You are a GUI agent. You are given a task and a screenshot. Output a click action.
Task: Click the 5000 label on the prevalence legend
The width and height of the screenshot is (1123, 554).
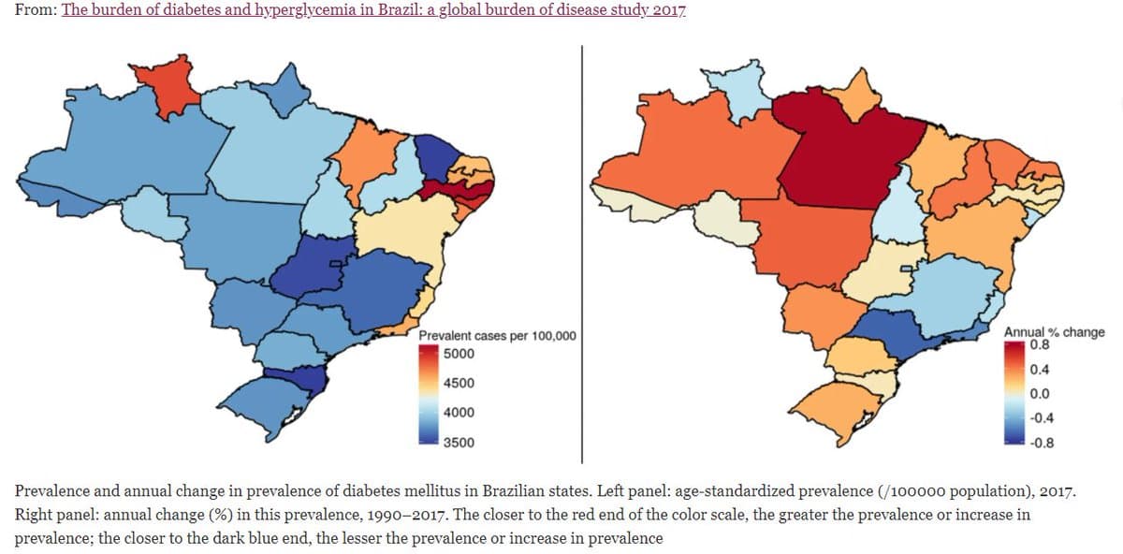(x=459, y=354)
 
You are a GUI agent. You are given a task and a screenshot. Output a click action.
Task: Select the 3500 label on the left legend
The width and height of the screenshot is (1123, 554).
(x=459, y=442)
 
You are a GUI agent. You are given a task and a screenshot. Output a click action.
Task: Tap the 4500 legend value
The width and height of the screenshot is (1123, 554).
(x=459, y=383)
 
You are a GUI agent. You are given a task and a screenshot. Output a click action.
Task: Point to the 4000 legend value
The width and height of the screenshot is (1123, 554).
(x=459, y=412)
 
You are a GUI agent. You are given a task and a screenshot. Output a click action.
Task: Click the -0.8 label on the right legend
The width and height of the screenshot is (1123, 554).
(x=1042, y=444)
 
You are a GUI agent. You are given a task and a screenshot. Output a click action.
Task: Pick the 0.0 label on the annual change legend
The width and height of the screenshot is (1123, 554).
(x=1039, y=393)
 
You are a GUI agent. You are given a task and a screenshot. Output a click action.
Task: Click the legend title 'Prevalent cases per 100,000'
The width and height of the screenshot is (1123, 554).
(x=497, y=336)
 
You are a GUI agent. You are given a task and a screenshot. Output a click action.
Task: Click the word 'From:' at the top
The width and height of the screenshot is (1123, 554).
(x=35, y=12)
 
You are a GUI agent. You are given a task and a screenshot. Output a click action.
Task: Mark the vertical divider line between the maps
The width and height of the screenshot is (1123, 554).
(x=582, y=253)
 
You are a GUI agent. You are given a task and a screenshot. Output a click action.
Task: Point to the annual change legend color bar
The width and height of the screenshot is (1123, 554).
(x=1014, y=393)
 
